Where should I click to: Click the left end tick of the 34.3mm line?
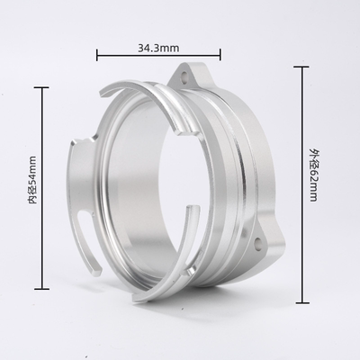97,55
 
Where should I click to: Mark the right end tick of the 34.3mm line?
209,55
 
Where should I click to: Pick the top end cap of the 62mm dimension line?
301,65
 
